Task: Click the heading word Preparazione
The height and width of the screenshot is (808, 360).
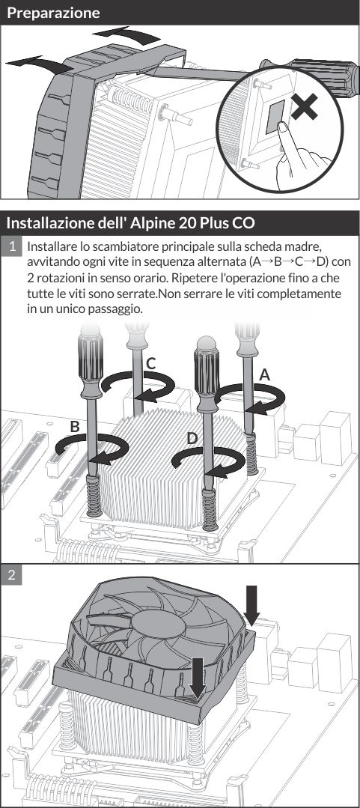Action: (x=52, y=13)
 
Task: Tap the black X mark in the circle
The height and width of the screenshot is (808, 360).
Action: (x=304, y=109)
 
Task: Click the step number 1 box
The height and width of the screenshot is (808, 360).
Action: (x=13, y=246)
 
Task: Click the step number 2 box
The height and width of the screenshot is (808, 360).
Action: (x=13, y=575)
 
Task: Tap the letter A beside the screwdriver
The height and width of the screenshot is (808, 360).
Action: (x=263, y=374)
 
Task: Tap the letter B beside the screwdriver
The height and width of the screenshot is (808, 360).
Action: (x=74, y=426)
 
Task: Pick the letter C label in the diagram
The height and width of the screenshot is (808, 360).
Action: (x=150, y=363)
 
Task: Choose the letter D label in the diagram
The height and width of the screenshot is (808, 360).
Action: (x=192, y=437)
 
